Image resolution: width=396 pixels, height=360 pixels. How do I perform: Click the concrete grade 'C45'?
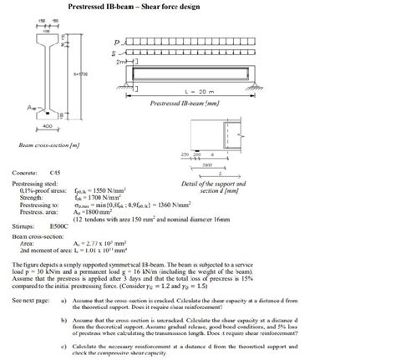click(56, 171)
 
